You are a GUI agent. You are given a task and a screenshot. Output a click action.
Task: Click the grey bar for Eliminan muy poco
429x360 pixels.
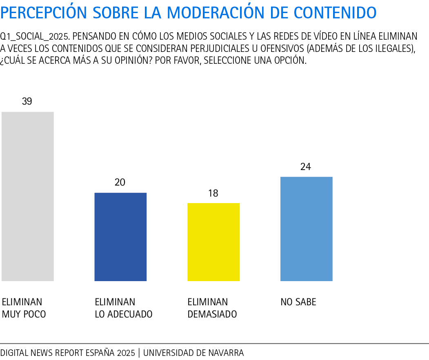click(28, 196)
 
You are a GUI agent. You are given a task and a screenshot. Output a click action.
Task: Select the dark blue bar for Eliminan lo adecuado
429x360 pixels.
click(120, 237)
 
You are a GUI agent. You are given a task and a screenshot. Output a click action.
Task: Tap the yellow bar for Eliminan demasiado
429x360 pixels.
click(213, 242)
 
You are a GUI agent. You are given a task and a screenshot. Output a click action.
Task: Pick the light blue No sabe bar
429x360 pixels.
click(306, 229)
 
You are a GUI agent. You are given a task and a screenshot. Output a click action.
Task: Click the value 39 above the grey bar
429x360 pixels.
click(27, 101)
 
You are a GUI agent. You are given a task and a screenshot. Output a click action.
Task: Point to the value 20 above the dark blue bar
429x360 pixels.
click(120, 182)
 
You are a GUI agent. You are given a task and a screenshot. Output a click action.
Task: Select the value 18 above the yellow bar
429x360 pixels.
click(213, 193)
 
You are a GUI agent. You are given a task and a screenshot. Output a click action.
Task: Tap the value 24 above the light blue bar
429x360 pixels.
click(306, 167)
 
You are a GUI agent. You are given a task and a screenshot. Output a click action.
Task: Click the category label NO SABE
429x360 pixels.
click(298, 302)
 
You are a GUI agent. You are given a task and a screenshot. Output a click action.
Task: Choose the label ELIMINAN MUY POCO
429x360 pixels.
click(24, 308)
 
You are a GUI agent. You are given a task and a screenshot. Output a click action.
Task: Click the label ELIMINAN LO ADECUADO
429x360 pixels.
click(124, 308)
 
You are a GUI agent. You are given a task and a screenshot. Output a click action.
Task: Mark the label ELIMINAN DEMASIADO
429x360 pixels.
click(212, 308)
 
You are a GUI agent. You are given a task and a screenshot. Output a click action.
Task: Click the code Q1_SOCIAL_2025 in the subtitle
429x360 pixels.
click(35, 36)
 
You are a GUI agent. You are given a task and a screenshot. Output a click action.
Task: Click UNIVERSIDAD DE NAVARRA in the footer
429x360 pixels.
click(193, 353)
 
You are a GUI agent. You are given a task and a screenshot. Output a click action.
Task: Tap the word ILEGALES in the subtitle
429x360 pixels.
click(392, 48)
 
